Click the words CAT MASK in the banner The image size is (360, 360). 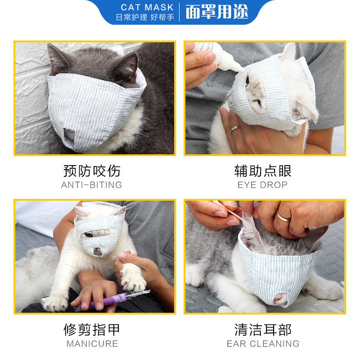[x=147, y=7]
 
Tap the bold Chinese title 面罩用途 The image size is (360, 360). [x=217, y=12]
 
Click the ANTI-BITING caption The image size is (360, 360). [x=92, y=185]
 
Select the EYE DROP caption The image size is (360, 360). [x=262, y=185]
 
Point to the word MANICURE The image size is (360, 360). [x=92, y=344]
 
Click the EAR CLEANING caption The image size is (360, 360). [x=263, y=344]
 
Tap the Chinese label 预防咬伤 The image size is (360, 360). [x=92, y=171]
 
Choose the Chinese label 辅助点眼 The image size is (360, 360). [x=263, y=171]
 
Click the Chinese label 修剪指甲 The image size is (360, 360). [x=92, y=330]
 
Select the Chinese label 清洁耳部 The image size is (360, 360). [x=263, y=330]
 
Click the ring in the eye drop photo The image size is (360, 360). [x=234, y=129]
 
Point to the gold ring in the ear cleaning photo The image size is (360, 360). [x=283, y=217]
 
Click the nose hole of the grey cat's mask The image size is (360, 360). [x=69, y=136]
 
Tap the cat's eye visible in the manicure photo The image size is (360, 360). [x=89, y=234]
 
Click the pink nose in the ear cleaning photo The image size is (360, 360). [x=279, y=298]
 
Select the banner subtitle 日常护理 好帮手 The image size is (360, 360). [x=145, y=17]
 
